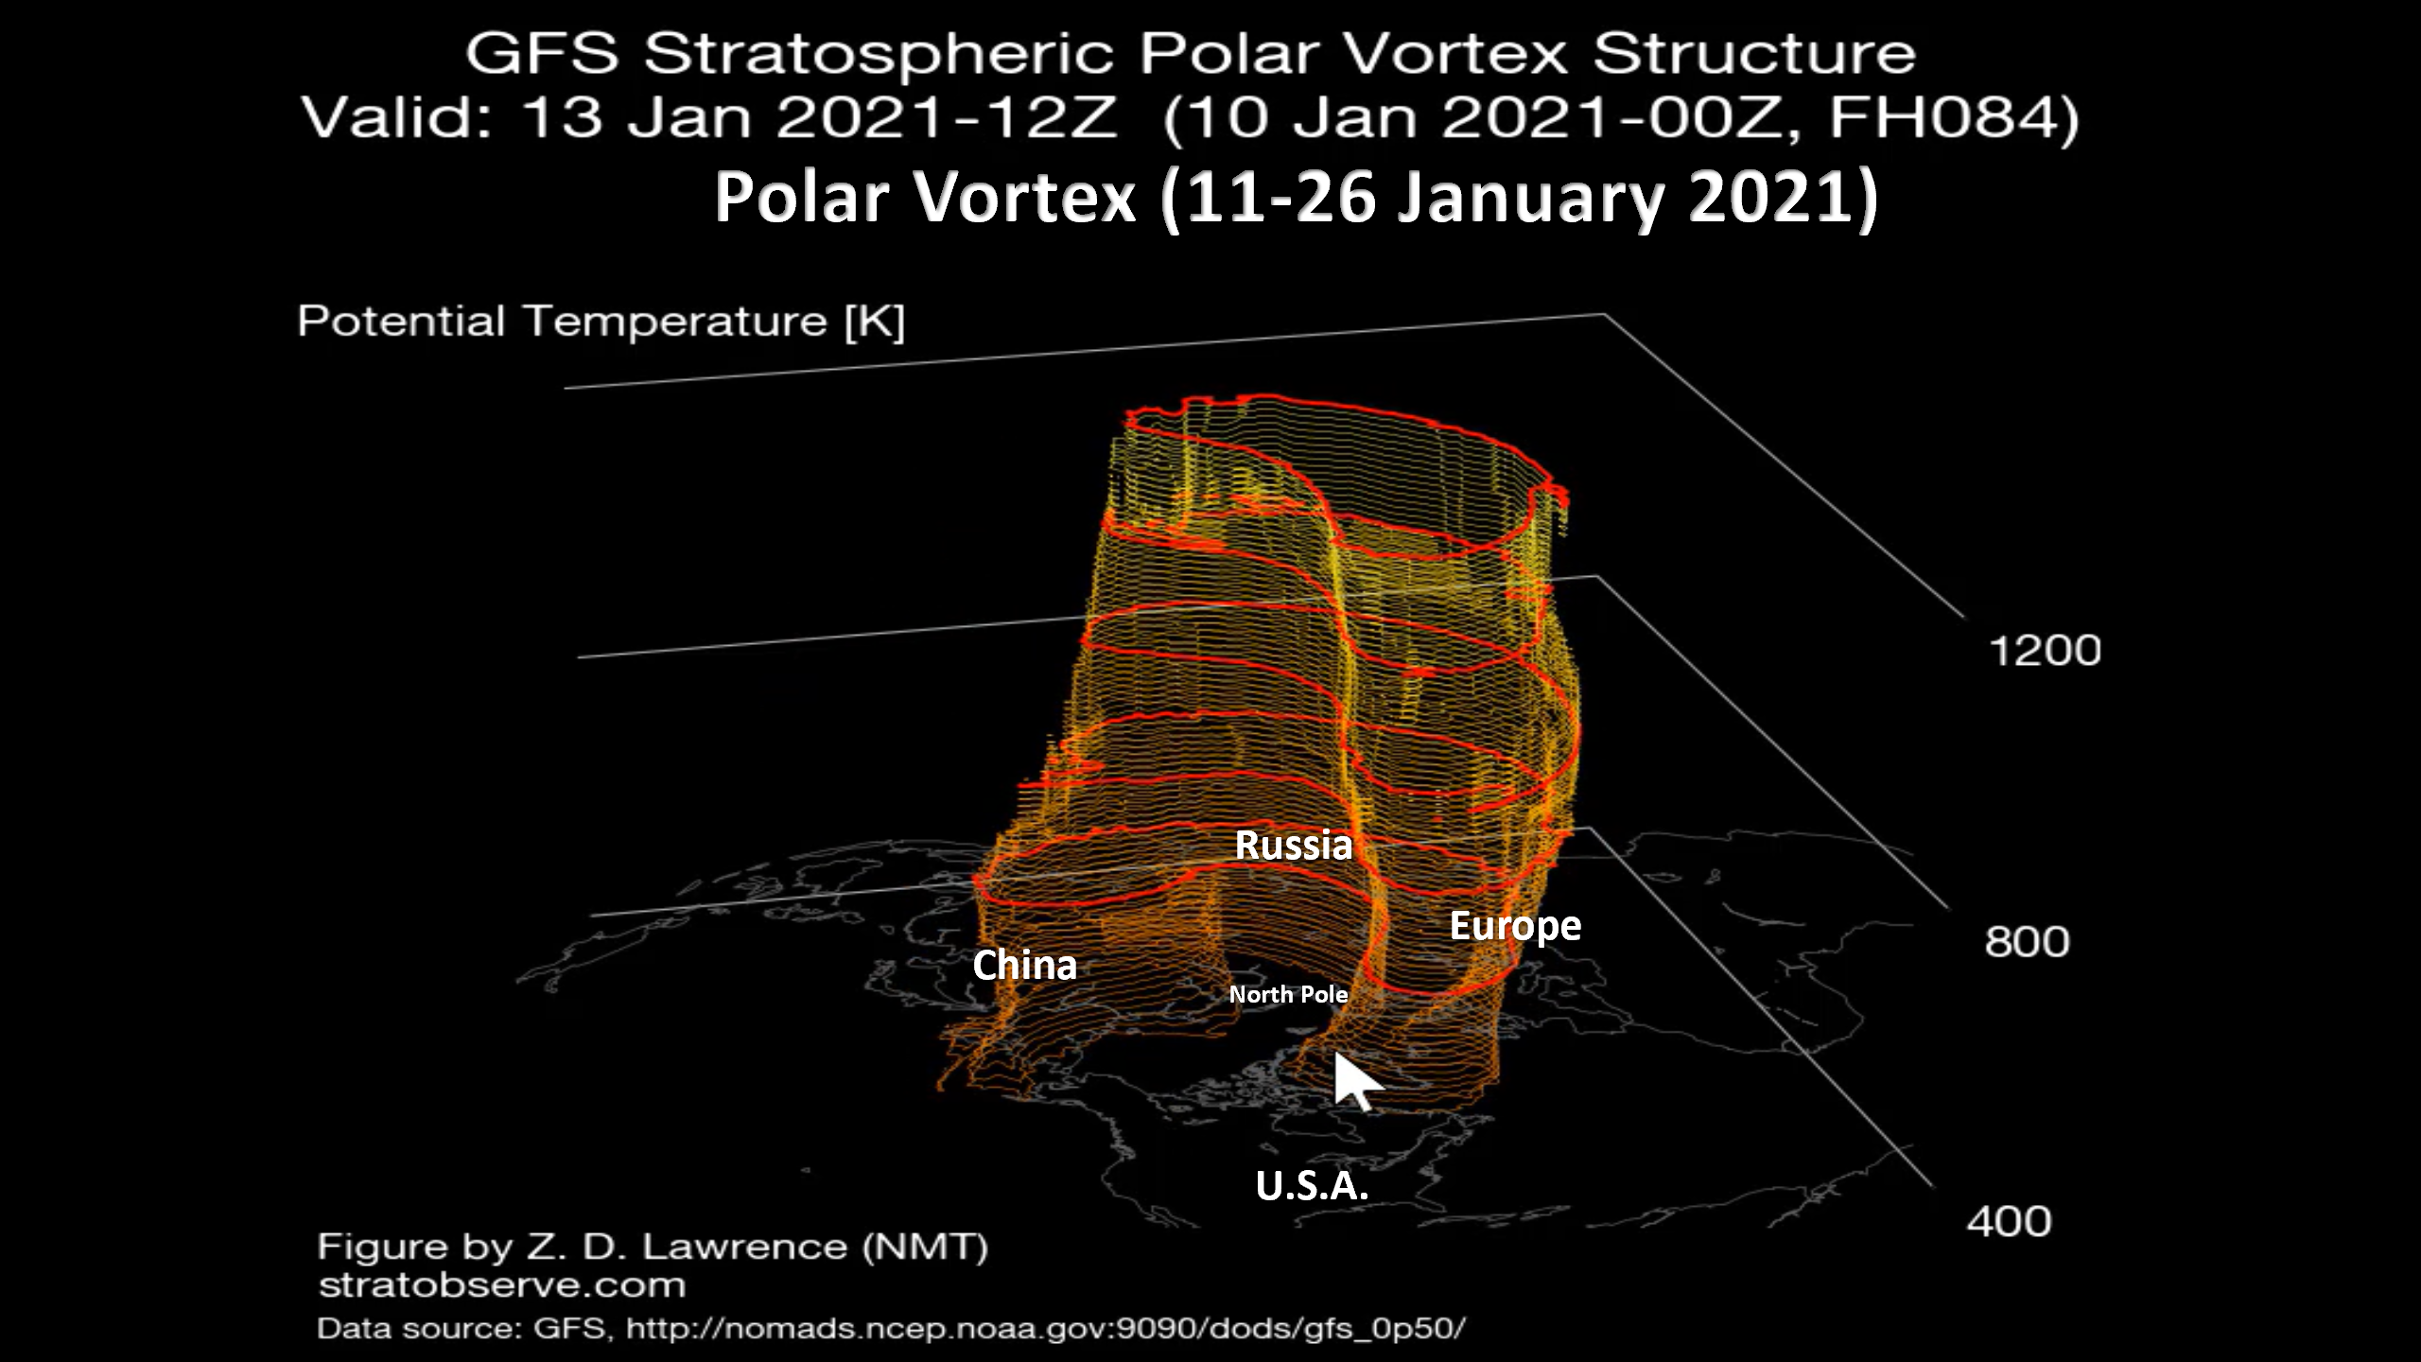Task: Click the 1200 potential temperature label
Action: pyautogui.click(x=2045, y=651)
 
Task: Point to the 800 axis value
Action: pyautogui.click(x=2027, y=942)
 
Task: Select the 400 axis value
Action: pyautogui.click(x=2009, y=1221)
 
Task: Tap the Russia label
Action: pyautogui.click(x=1294, y=845)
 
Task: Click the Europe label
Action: pyautogui.click(x=1515, y=926)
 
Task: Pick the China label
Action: pyautogui.click(x=1024, y=966)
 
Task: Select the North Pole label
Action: pyautogui.click(x=1288, y=994)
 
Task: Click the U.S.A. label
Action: pyautogui.click(x=1312, y=1185)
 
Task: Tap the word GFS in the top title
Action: pyautogui.click(x=541, y=53)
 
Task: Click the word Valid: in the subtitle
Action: pyautogui.click(x=397, y=118)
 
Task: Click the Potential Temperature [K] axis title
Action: pyautogui.click(x=601, y=322)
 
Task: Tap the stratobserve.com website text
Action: pyautogui.click(x=502, y=1285)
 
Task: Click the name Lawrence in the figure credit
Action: pyautogui.click(x=745, y=1247)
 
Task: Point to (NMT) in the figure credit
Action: pyautogui.click(x=925, y=1247)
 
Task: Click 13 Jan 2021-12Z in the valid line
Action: pyautogui.click(x=819, y=118)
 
